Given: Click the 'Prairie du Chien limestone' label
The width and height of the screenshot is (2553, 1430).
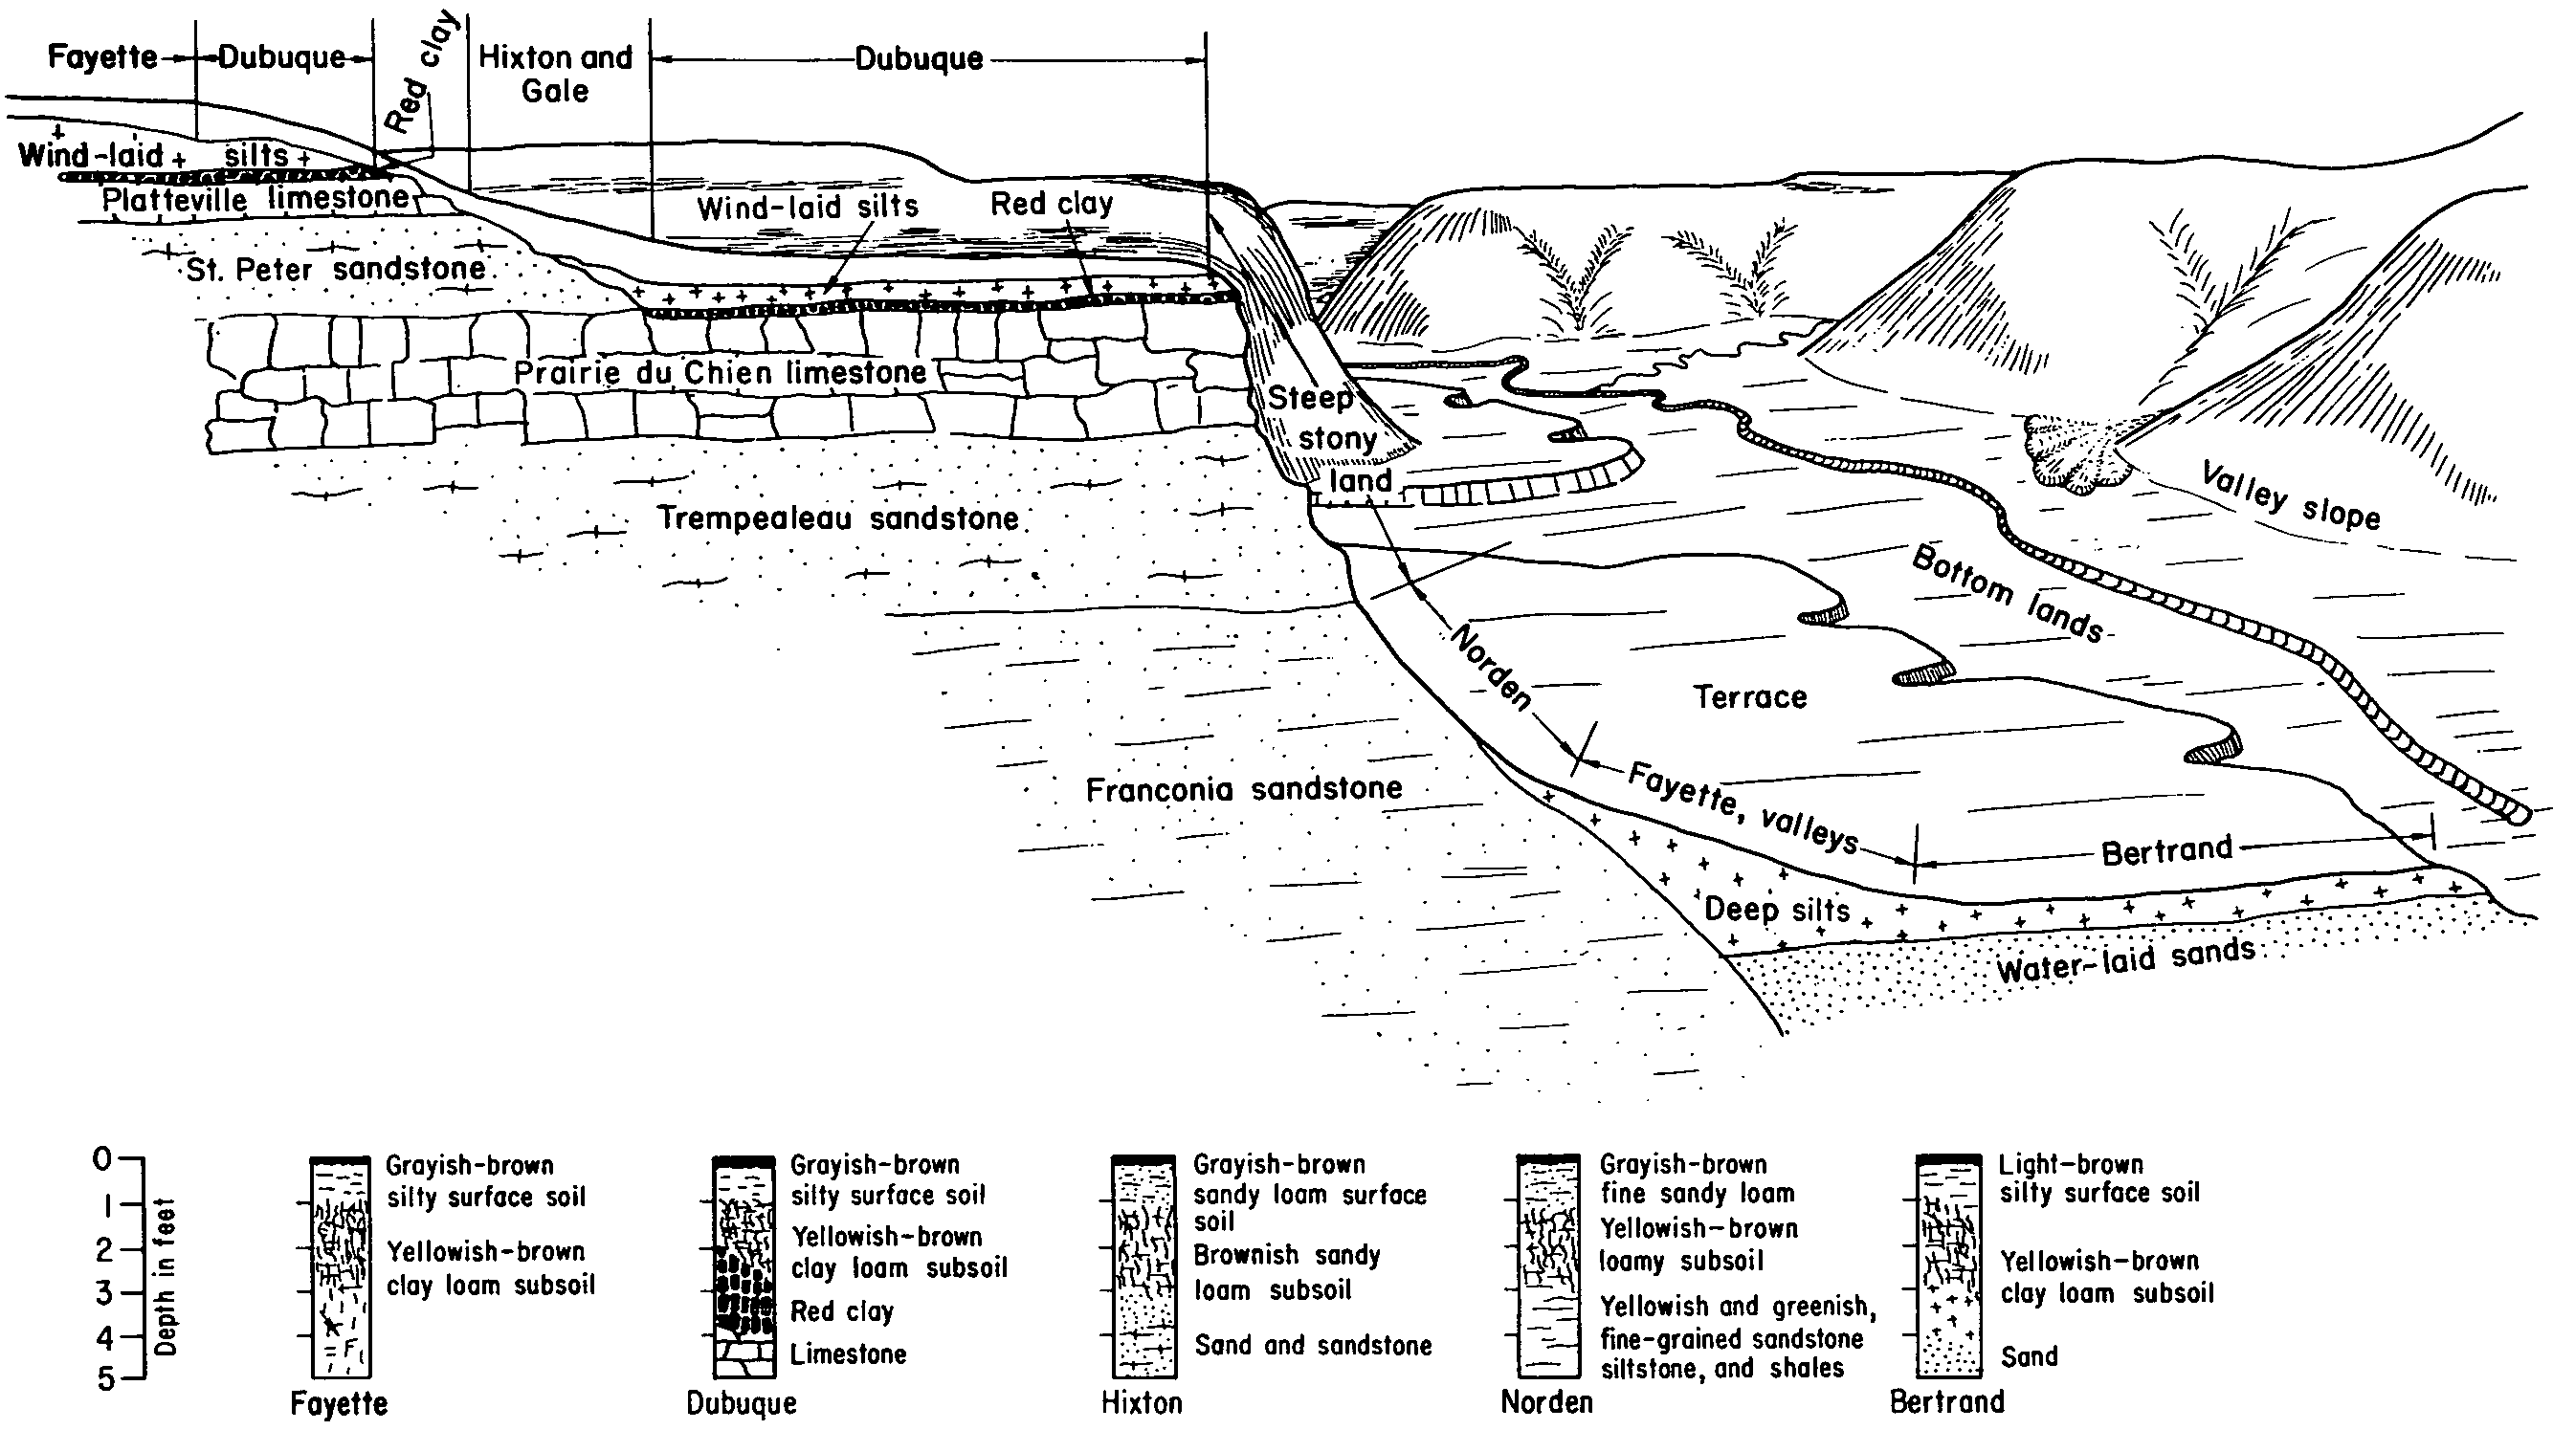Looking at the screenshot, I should tap(720, 373).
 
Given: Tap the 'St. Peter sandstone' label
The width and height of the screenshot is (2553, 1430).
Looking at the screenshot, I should tap(336, 269).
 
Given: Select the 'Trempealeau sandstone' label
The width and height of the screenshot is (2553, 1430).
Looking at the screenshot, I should tap(838, 517).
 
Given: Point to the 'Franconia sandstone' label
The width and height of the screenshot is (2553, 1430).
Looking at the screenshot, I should tap(1244, 789).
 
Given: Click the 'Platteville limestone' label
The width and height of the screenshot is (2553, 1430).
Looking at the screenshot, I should tap(255, 199).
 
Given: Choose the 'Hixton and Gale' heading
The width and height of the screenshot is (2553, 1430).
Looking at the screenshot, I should tap(555, 75).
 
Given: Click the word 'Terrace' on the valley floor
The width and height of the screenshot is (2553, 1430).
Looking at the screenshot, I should tap(1750, 696).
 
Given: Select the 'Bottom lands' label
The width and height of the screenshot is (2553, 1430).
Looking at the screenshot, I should tap(2007, 595).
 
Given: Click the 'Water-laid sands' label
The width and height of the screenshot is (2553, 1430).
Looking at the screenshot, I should tap(2126, 960).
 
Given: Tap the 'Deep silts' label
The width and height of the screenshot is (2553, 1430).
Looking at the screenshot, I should tap(1777, 909).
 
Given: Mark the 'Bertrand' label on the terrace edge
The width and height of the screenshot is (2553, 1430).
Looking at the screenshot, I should tap(2167, 850).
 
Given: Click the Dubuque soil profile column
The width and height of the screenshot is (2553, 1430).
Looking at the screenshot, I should tap(744, 1267).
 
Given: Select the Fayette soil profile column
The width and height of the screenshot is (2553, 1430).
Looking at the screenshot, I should tap(341, 1267).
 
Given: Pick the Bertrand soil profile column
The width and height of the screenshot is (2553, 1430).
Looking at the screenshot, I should tap(1948, 1267).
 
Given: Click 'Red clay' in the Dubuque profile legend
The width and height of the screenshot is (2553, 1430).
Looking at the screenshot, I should tap(841, 1311).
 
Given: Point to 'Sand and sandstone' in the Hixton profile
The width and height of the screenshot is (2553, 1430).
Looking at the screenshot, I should tap(1313, 1345).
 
